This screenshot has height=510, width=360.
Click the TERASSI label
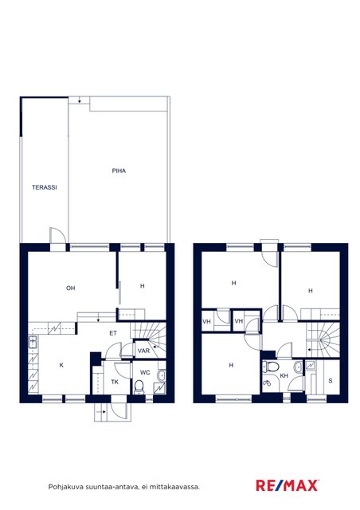45,187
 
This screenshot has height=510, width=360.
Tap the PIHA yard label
119,171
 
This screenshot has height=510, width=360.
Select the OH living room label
71,288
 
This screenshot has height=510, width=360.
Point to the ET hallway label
113,333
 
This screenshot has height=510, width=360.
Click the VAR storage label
143,351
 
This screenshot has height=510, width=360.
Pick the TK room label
115,382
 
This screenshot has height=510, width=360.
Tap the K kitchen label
61,366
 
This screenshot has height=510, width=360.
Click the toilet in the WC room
139,386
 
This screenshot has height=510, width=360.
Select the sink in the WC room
161,375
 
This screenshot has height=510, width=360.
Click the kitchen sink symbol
33,342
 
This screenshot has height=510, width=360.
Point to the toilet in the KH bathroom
271,367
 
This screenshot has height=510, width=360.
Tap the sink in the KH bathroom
298,367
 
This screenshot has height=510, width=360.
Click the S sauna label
331,381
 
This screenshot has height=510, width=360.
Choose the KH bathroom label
284,375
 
